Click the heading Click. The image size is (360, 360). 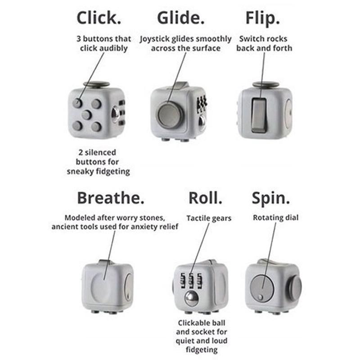pos(99,18)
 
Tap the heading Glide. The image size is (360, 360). pos(181,18)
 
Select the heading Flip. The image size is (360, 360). pos(263,18)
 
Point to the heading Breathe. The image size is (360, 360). pos(111,198)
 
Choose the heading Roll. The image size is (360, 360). pos(205,198)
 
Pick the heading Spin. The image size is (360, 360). pos(271,198)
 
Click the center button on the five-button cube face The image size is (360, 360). pos(87,115)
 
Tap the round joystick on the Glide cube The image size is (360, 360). pos(170,115)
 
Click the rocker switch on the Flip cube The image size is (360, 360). pos(259,115)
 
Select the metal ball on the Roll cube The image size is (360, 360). pos(192,298)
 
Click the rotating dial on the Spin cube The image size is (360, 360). pos(262,288)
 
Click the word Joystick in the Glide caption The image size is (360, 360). pos(155,39)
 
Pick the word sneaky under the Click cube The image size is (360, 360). pos(81,171)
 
